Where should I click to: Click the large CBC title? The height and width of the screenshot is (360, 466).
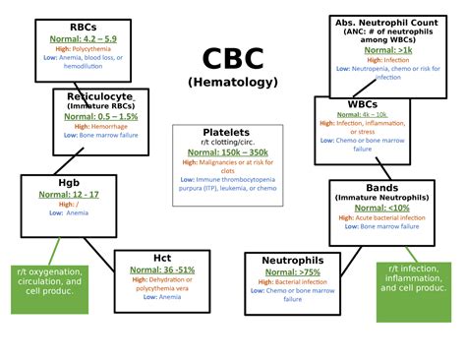tap(232, 60)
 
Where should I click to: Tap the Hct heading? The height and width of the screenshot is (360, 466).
tap(162, 258)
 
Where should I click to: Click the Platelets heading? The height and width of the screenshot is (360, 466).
tap(226, 132)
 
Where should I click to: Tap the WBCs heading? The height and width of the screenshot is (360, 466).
tap(363, 104)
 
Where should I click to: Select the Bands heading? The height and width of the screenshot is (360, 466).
tap(382, 187)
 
